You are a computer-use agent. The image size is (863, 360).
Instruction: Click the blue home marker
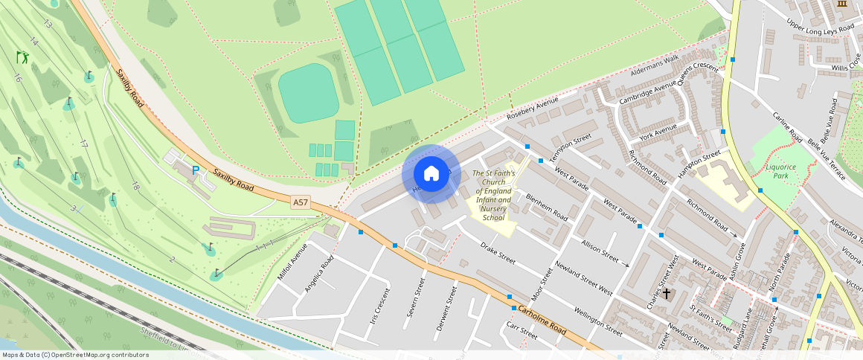pyautogui.click(x=431, y=173)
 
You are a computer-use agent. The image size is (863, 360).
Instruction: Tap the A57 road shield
pyautogui.click(x=301, y=202)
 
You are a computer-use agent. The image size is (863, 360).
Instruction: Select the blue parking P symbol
pyautogui.click(x=196, y=170)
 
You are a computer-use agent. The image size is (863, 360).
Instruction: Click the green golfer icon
pyautogui.click(x=22, y=57)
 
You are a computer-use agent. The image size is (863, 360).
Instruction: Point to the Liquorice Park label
pyautogui.click(x=781, y=172)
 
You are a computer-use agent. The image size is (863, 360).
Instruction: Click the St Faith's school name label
pyautogui.click(x=493, y=195)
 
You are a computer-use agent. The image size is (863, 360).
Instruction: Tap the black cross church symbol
pyautogui.click(x=667, y=294)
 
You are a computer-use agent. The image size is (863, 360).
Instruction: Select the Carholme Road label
pyautogui.click(x=543, y=319)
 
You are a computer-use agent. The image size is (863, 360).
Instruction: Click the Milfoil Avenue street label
pyautogui.click(x=292, y=261)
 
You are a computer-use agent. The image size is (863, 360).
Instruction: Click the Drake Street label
pyautogui.click(x=498, y=253)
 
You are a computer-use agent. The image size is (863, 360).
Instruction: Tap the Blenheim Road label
pyautogui.click(x=546, y=208)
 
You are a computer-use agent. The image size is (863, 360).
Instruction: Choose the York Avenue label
pyautogui.click(x=658, y=132)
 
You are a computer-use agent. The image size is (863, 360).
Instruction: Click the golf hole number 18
pyautogui.click(x=135, y=186)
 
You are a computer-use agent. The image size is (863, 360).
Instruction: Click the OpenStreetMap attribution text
pyautogui.click(x=75, y=355)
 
